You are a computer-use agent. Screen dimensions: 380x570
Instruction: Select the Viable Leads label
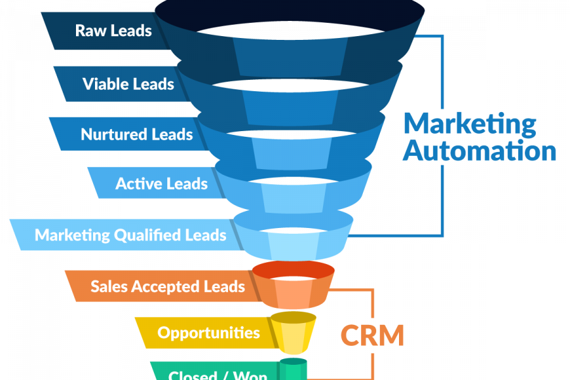128,84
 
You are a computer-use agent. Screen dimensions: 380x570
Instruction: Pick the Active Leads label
161,184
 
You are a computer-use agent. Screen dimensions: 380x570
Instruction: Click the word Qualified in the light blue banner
147,236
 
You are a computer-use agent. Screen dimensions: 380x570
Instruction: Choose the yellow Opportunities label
208,332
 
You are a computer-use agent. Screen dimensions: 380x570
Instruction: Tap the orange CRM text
372,335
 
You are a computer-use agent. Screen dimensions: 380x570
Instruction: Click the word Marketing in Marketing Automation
469,123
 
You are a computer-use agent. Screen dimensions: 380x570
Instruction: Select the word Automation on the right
479,151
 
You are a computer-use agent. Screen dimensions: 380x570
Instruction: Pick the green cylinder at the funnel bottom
293,370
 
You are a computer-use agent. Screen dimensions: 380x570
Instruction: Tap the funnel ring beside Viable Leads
290,101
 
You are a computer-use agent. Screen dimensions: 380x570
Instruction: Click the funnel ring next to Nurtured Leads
291,148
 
